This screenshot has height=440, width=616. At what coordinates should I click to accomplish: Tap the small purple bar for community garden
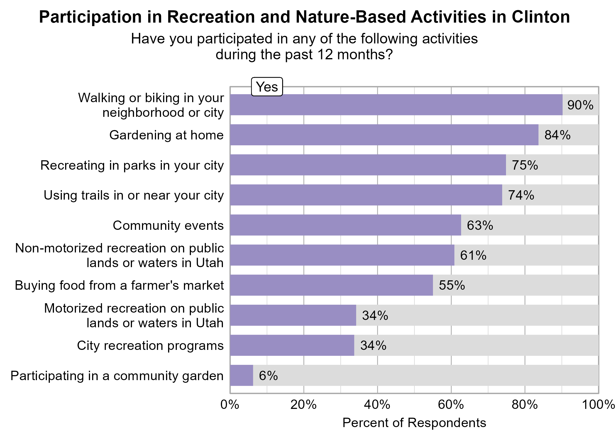point(241,375)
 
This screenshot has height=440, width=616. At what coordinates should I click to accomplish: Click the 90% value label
point(580,105)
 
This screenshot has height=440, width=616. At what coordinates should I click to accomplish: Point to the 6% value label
point(268,376)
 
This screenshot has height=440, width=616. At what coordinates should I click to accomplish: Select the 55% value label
point(452,285)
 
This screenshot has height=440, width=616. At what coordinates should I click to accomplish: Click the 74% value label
point(521,195)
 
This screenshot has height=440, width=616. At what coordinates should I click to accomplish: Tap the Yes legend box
point(267,87)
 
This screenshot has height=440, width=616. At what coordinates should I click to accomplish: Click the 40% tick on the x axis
point(377,405)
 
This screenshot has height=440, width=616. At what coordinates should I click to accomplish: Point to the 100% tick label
point(598,405)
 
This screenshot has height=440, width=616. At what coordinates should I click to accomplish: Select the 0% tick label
point(230,405)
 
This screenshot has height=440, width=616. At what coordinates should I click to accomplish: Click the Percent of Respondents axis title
point(414,423)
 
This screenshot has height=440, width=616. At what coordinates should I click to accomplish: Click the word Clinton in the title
point(541,17)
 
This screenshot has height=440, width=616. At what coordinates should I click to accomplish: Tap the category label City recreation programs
point(150,345)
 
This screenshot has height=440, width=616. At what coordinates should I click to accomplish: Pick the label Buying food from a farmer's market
point(119,285)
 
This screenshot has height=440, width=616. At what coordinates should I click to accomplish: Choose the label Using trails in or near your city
point(134,195)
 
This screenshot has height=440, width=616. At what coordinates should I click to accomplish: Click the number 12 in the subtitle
point(325,55)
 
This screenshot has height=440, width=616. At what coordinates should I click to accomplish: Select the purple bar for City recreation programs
point(292,345)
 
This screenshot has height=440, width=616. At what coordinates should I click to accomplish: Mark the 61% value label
point(473,255)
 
